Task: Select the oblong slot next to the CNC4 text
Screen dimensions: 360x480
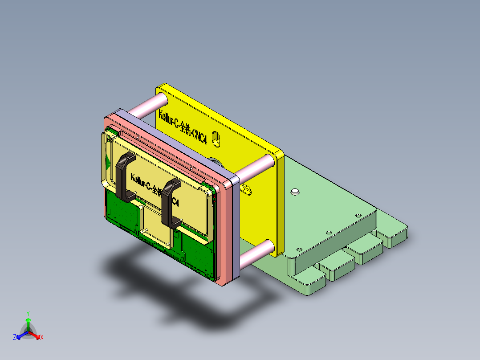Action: coord(217,139)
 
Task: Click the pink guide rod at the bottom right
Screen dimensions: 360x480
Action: coord(256,253)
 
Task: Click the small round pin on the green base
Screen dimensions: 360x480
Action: coord(294,192)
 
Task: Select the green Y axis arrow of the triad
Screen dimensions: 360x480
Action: coord(28,322)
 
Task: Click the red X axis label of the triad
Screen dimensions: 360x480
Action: coord(42,338)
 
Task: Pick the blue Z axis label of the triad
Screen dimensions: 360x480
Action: coord(15,338)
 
